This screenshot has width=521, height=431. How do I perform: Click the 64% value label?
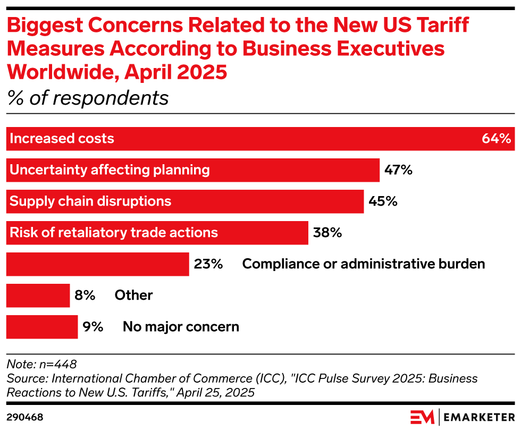coord(497,139)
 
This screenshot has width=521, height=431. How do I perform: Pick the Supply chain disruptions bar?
coord(184,201)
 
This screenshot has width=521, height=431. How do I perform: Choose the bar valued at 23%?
coord(97,264)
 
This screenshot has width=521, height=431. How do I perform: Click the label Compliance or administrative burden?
coord(364,264)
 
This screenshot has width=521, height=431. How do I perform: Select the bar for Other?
coord(38,295)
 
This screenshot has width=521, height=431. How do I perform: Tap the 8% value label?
coord(85,295)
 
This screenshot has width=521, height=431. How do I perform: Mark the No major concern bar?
coord(42,327)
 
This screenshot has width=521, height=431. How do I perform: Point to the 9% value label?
coord(93,327)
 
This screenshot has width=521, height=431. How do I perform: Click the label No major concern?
coord(181,327)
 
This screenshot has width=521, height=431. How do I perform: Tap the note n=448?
coord(41,365)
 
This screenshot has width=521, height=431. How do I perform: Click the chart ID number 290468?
coord(24,417)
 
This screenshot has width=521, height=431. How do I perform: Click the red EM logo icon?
coord(422,417)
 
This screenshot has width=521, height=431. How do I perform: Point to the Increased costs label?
coord(62,139)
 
